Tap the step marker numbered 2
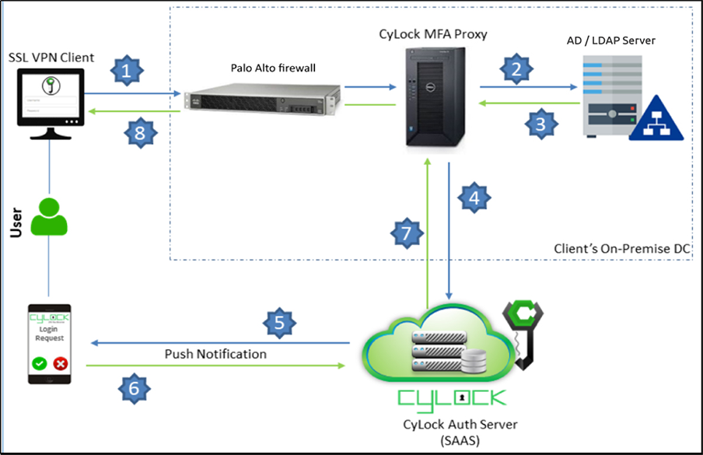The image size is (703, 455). click(514, 68)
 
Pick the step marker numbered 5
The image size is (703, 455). click(281, 321)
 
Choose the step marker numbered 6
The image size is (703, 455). click(134, 387)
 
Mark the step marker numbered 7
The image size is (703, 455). click(406, 231)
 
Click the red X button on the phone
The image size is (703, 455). click(60, 363)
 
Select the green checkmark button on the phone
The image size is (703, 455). click(39, 363)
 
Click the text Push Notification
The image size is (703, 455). click(215, 354)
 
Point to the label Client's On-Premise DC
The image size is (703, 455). click(622, 249)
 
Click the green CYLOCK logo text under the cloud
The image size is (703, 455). click(451, 397)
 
